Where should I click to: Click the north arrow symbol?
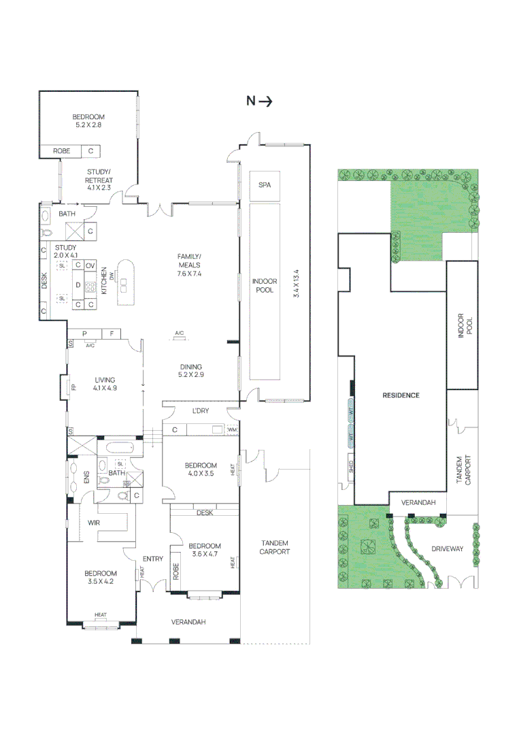(x=259, y=101)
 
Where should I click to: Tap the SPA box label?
(x=265, y=185)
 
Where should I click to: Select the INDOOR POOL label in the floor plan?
(x=263, y=285)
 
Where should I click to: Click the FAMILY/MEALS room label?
(x=190, y=261)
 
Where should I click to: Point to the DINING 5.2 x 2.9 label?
(x=190, y=370)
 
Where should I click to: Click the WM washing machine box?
(x=232, y=430)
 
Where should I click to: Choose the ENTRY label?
(x=153, y=559)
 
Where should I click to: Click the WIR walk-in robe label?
(x=94, y=523)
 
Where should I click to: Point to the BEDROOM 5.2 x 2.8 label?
(x=88, y=121)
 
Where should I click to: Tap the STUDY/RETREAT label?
(x=99, y=176)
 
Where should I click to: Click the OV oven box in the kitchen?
(x=90, y=265)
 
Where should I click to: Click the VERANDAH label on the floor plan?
(x=188, y=622)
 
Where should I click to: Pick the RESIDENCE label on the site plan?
(x=401, y=395)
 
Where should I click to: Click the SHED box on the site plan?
(x=350, y=468)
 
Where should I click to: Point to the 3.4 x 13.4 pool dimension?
(x=295, y=285)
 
